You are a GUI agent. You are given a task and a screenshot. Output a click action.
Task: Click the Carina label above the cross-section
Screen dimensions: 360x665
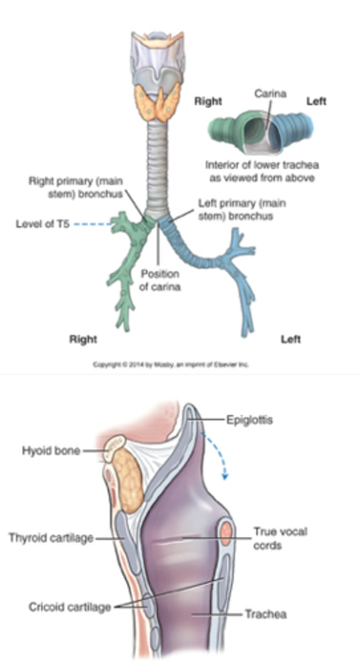[270, 94]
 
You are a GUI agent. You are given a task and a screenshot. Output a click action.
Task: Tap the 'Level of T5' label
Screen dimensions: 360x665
[43, 224]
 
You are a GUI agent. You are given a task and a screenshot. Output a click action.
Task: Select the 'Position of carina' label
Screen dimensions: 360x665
[160, 280]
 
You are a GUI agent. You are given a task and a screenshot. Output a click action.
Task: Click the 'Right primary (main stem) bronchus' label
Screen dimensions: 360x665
[76, 187]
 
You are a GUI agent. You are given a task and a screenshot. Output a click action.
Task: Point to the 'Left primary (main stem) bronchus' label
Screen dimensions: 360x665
[242, 209]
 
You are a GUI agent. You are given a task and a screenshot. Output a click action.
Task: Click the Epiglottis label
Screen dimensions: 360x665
[249, 420]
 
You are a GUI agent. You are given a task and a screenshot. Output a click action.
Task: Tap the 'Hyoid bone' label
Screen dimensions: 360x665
[51, 451]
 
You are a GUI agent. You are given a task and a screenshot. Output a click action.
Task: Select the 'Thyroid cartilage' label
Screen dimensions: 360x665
[51, 538]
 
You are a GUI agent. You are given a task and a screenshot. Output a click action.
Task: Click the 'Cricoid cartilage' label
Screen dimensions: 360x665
[70, 607]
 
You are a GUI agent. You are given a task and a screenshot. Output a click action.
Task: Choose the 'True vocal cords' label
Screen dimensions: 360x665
[280, 538]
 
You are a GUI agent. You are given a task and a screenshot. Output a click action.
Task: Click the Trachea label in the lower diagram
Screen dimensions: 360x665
[266, 614]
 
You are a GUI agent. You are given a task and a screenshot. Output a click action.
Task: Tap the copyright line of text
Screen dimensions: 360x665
[171, 364]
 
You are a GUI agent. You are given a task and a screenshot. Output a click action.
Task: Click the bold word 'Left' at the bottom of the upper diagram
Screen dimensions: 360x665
[291, 339]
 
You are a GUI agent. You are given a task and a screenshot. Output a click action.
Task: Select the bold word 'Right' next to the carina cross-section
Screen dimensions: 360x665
[208, 101]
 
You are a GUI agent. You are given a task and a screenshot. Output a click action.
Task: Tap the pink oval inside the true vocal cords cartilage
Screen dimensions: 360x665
[226, 534]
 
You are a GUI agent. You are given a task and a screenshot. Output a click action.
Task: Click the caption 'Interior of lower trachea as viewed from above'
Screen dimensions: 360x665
[262, 171]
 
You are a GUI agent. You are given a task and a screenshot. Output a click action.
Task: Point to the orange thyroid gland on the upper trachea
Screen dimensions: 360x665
[158, 102]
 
